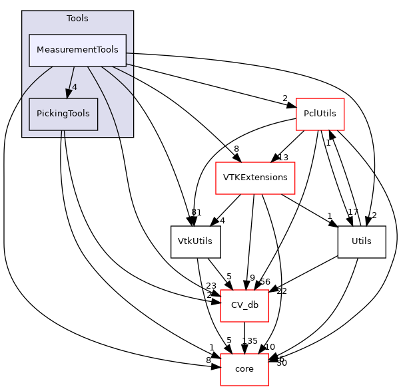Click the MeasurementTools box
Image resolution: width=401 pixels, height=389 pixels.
77,51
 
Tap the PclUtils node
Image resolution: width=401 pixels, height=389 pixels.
319,114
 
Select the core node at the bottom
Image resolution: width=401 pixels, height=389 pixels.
244,369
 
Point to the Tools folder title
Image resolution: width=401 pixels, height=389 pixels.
77,18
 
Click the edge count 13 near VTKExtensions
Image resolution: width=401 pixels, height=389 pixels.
282,158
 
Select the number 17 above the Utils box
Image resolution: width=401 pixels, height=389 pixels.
352,213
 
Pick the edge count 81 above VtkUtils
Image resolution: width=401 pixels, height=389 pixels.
196,213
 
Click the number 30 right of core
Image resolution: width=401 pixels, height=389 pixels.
281,362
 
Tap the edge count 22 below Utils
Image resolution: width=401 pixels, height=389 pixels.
281,291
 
